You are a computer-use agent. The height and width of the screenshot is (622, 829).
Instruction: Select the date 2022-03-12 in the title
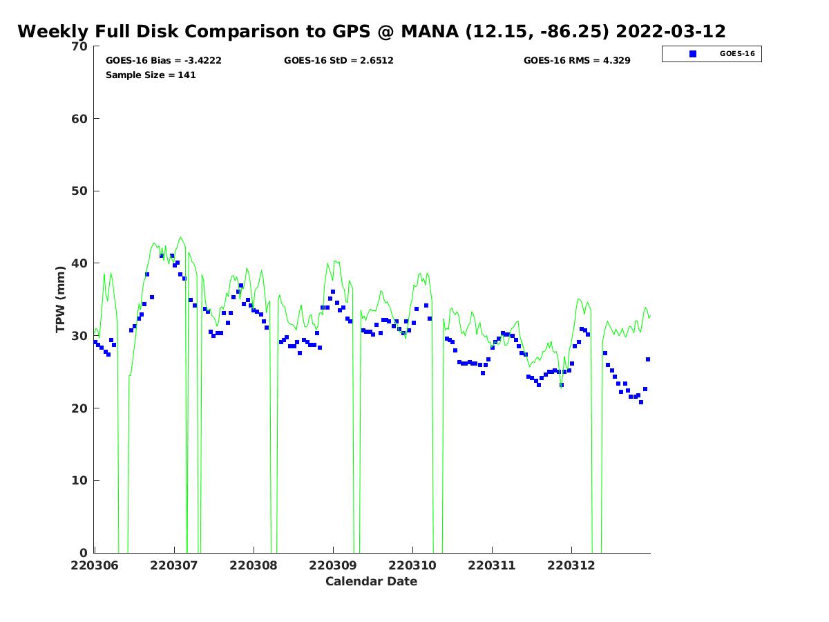pyautogui.click(x=670, y=32)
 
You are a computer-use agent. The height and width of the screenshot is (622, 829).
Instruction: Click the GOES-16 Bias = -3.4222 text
pyautogui.click(x=164, y=61)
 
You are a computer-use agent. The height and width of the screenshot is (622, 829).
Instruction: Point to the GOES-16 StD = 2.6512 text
pyautogui.click(x=339, y=61)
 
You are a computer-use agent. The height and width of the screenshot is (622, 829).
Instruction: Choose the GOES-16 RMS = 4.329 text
pyautogui.click(x=577, y=61)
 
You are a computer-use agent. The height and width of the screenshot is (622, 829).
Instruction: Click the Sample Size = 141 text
pyautogui.click(x=151, y=75)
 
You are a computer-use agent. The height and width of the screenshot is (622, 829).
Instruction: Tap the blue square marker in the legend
pyautogui.click(x=693, y=54)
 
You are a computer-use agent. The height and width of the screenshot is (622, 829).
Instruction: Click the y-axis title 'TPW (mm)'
pyautogui.click(x=61, y=299)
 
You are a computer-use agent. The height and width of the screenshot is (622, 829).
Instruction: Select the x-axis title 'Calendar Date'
pyautogui.click(x=372, y=582)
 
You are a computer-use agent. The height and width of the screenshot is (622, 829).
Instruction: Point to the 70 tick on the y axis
pyautogui.click(x=80, y=46)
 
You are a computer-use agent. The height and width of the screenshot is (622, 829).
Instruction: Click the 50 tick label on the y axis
pyautogui.click(x=80, y=191)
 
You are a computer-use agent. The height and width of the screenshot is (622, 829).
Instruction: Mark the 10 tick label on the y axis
pyautogui.click(x=80, y=481)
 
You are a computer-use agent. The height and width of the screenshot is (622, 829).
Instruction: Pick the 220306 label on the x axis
pyautogui.click(x=95, y=565)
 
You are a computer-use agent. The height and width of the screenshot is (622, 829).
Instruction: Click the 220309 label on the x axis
pyautogui.click(x=333, y=565)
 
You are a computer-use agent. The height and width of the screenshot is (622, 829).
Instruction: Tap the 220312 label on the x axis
pyautogui.click(x=571, y=565)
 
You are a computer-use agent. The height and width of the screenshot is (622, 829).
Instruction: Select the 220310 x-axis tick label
pyautogui.click(x=412, y=565)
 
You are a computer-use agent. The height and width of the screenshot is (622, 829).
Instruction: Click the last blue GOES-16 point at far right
pyautogui.click(x=648, y=359)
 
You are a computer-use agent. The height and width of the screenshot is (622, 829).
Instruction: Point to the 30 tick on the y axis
pyautogui.click(x=80, y=336)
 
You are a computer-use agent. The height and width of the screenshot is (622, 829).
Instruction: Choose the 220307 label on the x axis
pyautogui.click(x=174, y=565)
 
